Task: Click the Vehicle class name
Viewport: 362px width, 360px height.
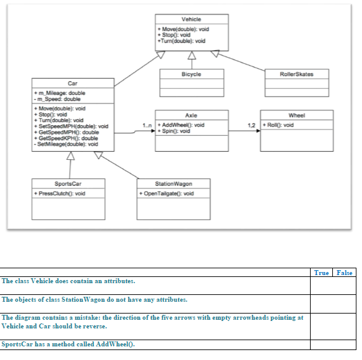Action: [x=191, y=19]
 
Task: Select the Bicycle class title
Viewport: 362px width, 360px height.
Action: [x=191, y=74]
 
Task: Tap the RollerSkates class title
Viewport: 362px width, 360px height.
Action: [x=296, y=74]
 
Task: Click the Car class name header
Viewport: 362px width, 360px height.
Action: [x=72, y=83]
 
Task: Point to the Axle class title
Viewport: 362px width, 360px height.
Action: [x=191, y=115]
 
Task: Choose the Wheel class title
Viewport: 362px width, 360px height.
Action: [x=296, y=115]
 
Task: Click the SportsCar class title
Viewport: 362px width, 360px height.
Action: [x=69, y=183]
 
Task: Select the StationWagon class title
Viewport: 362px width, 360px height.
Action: [x=174, y=183]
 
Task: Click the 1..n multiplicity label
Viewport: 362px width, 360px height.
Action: [x=147, y=126]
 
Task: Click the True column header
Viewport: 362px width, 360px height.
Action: [x=321, y=273]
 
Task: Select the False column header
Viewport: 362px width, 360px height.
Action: [x=344, y=273]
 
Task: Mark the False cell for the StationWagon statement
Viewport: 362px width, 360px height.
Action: [x=344, y=304]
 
